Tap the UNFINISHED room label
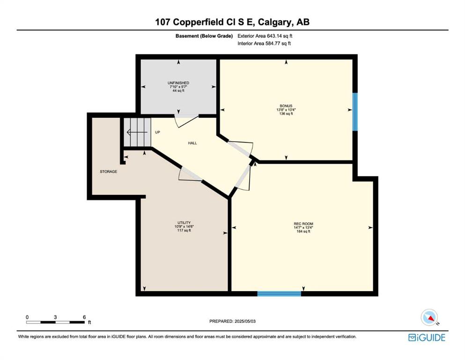(178, 83)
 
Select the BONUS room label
(286, 105)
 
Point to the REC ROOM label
(303, 224)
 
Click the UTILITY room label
(184, 223)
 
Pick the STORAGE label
(108, 172)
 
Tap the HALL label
(192, 143)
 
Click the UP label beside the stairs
(157, 132)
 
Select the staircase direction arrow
(137, 132)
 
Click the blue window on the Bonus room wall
(355, 112)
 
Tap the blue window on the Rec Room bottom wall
(279, 293)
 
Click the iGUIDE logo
(427, 338)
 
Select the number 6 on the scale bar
(84, 317)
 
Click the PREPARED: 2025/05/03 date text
(232, 321)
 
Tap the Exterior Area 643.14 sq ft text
(265, 36)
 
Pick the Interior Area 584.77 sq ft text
(264, 43)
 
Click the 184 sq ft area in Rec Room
(303, 232)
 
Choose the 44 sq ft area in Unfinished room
(178, 90)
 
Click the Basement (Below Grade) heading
(204, 36)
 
